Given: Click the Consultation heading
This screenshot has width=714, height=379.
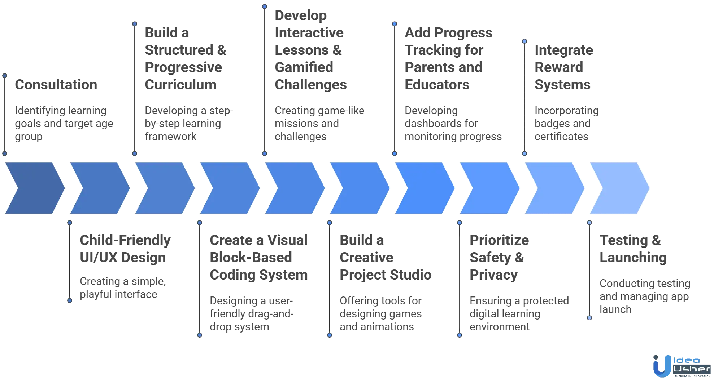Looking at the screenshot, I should (x=56, y=84).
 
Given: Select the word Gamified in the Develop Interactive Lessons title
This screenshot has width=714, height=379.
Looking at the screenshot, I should (x=304, y=67).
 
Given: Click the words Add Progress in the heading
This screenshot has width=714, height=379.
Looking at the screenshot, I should (x=448, y=33).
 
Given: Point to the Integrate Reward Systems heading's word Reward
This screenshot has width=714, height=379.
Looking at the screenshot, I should (x=558, y=67).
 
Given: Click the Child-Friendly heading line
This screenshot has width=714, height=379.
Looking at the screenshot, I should (x=124, y=240).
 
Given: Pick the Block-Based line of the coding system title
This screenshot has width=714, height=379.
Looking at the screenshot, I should (x=250, y=257).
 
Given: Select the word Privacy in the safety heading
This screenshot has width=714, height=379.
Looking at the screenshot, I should (x=493, y=275).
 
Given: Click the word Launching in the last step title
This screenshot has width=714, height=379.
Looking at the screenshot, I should (x=632, y=257).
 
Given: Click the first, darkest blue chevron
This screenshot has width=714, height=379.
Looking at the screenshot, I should (x=34, y=188).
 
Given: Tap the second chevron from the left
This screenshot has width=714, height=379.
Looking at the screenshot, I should (x=99, y=188).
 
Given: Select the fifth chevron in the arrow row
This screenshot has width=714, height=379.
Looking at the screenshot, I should (x=294, y=188).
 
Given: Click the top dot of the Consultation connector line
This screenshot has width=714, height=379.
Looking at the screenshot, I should (x=5, y=76).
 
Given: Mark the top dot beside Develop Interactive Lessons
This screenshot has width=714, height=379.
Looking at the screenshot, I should (x=265, y=6).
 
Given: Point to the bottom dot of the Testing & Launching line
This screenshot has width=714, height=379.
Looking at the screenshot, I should (x=589, y=318).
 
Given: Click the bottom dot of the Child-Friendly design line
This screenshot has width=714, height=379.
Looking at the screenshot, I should (x=70, y=300).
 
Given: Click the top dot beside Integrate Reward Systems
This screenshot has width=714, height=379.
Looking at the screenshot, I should (x=524, y=41).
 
